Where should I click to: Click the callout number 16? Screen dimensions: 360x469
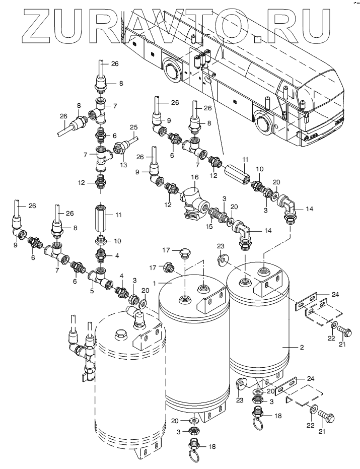tap(195, 177)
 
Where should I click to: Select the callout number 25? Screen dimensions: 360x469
tap(133, 127)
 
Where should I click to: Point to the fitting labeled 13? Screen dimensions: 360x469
tap(120, 149)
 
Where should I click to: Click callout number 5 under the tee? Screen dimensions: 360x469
tap(92, 291)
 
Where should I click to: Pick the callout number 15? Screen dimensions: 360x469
tap(209, 226)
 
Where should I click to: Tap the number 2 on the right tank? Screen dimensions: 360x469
tap(302, 347)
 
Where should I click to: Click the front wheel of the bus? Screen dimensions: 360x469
tap(264, 122)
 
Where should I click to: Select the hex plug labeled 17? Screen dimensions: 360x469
tap(168, 267)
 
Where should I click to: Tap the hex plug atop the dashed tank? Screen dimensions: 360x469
tap(120, 334)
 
